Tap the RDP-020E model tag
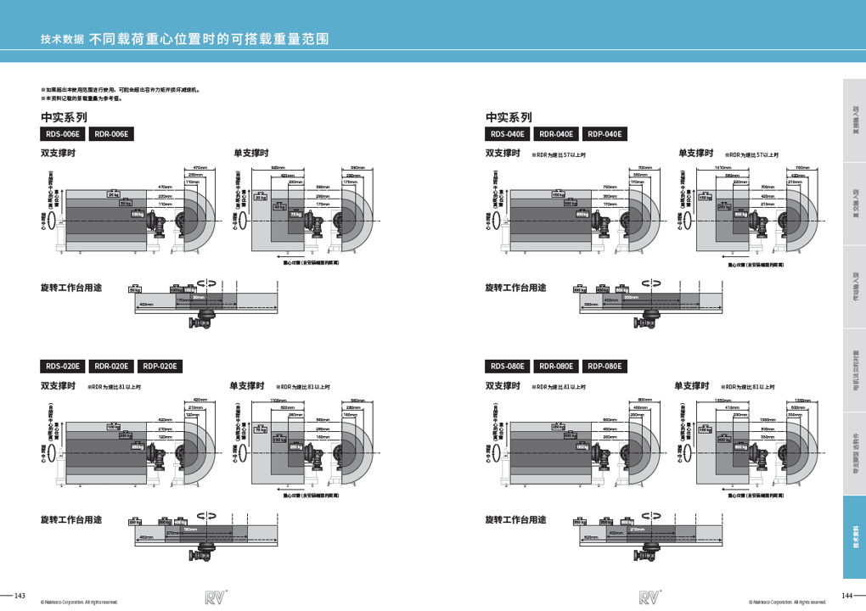160,367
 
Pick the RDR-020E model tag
112,367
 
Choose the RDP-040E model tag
605,134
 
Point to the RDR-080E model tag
556,367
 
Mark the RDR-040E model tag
556,134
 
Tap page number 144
846,594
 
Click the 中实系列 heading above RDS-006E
65,117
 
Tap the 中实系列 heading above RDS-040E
509,117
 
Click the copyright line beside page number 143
79,603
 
